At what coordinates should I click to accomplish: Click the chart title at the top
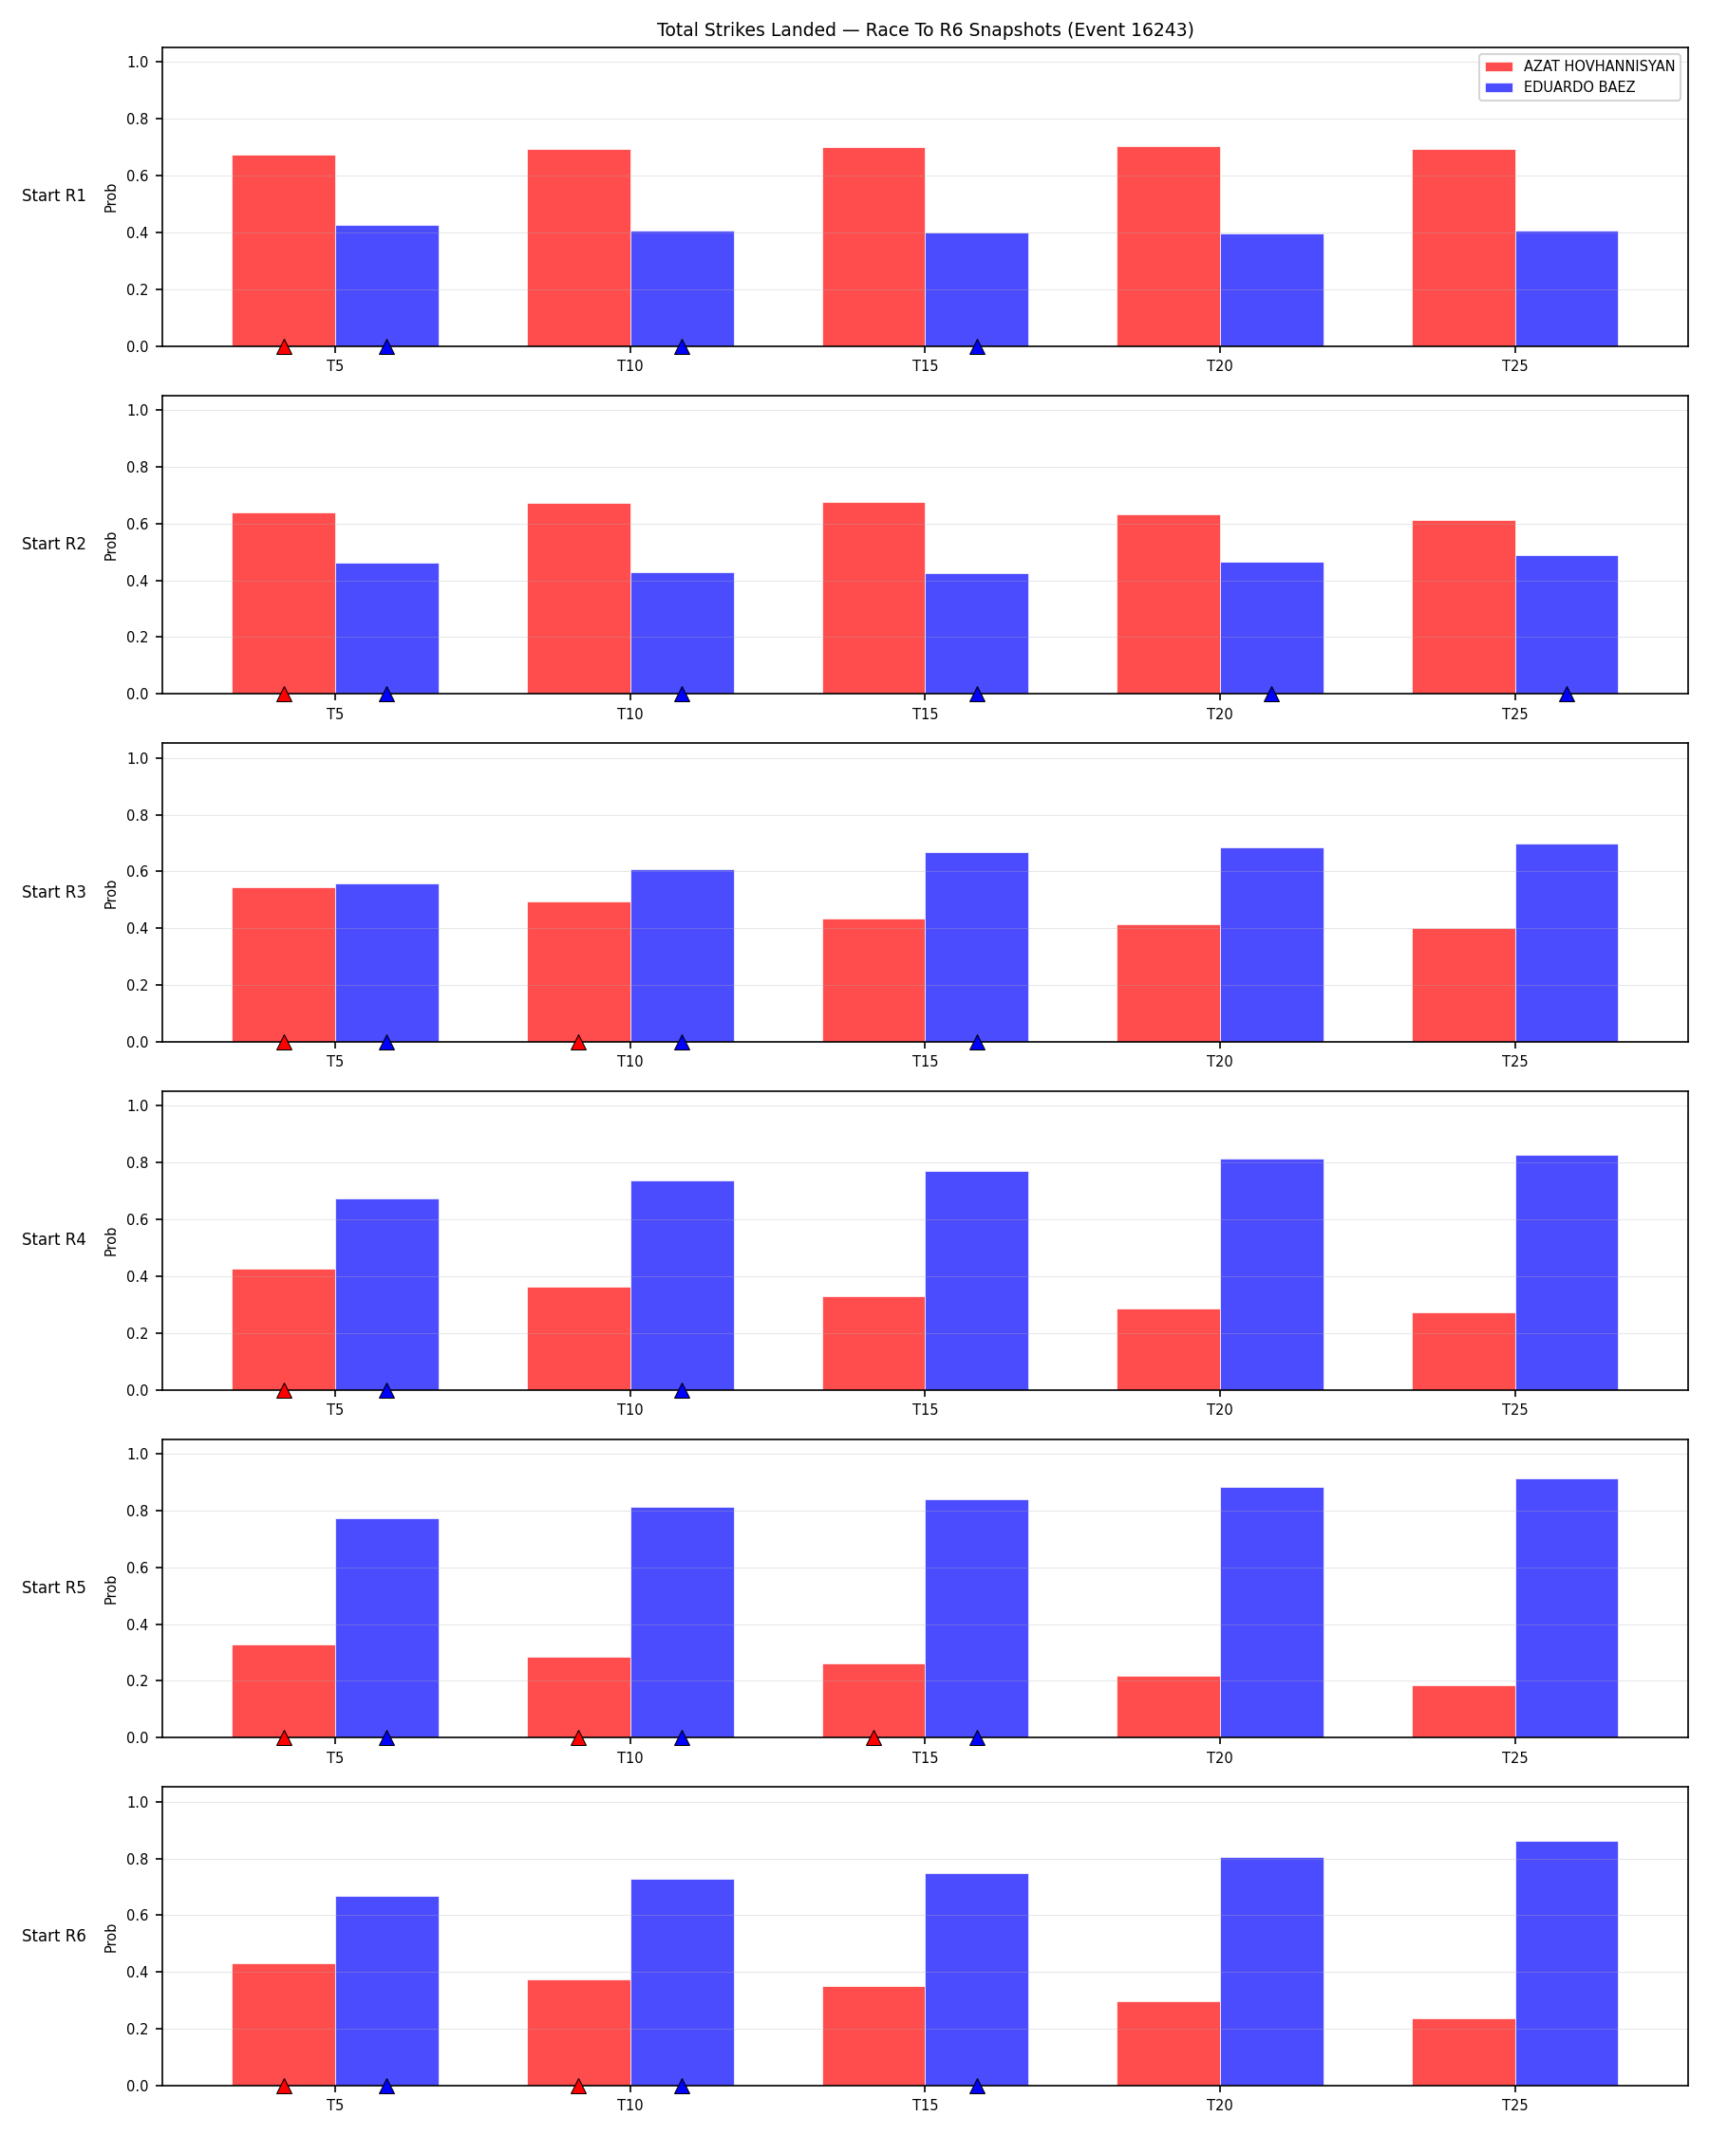[x=925, y=29]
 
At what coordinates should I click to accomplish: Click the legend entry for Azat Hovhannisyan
[x=1579, y=66]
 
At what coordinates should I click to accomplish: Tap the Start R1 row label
[x=54, y=196]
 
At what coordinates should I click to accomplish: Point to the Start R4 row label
[x=54, y=1240]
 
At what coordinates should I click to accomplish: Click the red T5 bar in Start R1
[x=284, y=251]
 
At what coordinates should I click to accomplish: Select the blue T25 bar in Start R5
[x=1567, y=1608]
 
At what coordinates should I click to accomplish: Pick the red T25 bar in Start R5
[x=1464, y=1712]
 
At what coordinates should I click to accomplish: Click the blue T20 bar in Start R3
[x=1272, y=945]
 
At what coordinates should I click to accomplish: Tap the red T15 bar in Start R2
[x=873, y=598]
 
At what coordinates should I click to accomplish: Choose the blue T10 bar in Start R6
[x=683, y=1982]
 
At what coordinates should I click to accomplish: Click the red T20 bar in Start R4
[x=1169, y=1349]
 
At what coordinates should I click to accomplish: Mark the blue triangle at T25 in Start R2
[x=1567, y=695]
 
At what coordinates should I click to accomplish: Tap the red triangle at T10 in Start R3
[x=578, y=1042]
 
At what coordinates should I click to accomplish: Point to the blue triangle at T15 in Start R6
[x=977, y=2087]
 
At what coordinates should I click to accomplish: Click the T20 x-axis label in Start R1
[x=1220, y=366]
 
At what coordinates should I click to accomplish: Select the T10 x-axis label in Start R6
[x=630, y=2106]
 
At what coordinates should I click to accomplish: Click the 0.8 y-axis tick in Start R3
[x=138, y=816]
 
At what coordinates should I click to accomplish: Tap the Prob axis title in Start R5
[x=111, y=1589]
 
